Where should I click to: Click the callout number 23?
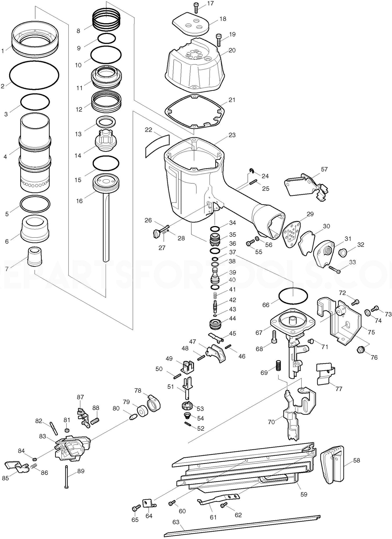click(232, 135)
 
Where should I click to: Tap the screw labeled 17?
click(196, 7)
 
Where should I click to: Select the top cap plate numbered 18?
click(191, 24)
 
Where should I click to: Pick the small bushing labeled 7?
click(34, 256)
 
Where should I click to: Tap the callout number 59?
click(304, 494)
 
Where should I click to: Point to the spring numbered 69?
click(278, 366)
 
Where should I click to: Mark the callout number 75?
click(371, 332)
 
